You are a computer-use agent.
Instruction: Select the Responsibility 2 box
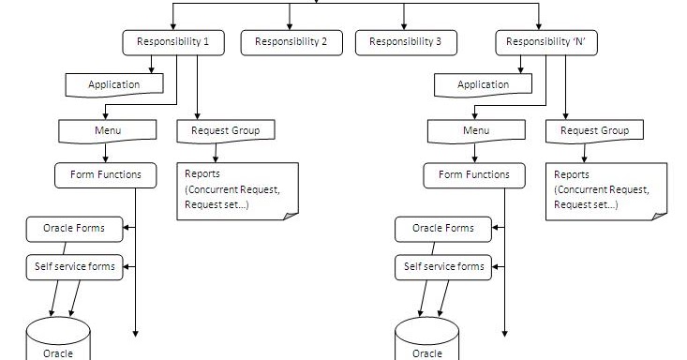pyautogui.click(x=291, y=42)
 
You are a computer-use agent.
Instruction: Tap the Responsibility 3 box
pyautogui.click(x=405, y=42)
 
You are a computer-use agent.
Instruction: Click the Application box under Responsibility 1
pyautogui.click(x=115, y=85)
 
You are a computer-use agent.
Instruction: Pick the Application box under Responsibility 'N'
pyautogui.click(x=484, y=85)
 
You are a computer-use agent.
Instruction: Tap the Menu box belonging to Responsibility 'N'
pyautogui.click(x=476, y=130)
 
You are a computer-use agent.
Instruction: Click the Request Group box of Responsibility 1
pyautogui.click(x=226, y=130)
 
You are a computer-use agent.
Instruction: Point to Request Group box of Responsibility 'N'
pyautogui.click(x=594, y=130)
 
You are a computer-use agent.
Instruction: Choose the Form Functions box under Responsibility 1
pyautogui.click(x=107, y=174)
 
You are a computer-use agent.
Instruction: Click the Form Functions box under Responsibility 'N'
pyautogui.click(x=474, y=174)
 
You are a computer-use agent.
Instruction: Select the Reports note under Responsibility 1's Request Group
pyautogui.click(x=236, y=190)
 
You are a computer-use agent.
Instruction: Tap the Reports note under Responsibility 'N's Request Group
pyautogui.click(x=605, y=190)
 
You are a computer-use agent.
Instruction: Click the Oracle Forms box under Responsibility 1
pyautogui.click(x=74, y=228)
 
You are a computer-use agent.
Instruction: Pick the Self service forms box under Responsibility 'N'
pyautogui.click(x=443, y=266)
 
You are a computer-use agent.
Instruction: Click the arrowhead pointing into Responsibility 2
pyautogui.click(x=291, y=25)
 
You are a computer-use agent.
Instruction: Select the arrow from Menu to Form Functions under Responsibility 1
pyautogui.click(x=106, y=152)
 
